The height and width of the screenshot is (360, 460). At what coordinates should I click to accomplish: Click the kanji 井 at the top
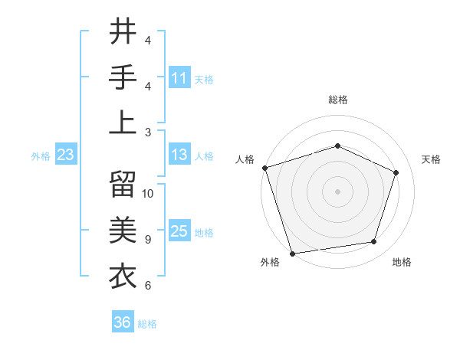pyautogui.click(x=123, y=33)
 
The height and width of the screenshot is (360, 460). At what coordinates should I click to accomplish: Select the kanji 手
pyautogui.click(x=123, y=78)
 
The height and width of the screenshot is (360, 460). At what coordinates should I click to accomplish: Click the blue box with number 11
pyautogui.click(x=179, y=78)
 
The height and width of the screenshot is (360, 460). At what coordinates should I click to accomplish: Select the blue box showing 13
pyautogui.click(x=179, y=155)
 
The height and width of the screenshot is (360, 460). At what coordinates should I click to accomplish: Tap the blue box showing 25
pyautogui.click(x=179, y=232)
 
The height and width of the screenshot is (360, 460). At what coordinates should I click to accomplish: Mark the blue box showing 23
pyautogui.click(x=65, y=155)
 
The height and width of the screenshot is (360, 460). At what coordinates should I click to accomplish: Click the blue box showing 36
pyautogui.click(x=123, y=322)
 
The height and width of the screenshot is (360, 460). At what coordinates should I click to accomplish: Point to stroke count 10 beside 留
pyautogui.click(x=148, y=194)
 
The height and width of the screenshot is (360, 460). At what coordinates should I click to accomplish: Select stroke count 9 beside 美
pyautogui.click(x=148, y=240)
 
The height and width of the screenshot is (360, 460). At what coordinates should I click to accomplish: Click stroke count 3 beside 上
pyautogui.click(x=148, y=132)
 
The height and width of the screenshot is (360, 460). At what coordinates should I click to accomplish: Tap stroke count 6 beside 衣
pyautogui.click(x=148, y=285)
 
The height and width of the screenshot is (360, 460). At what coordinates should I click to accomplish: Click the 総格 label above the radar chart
pyautogui.click(x=337, y=100)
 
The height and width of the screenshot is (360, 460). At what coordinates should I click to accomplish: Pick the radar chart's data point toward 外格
pyautogui.click(x=293, y=253)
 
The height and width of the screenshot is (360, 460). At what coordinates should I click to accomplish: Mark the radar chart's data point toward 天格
pyautogui.click(x=396, y=172)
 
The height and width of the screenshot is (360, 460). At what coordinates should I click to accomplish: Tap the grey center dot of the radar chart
pyautogui.click(x=337, y=191)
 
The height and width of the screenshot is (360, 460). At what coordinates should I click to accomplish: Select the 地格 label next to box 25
pyautogui.click(x=205, y=233)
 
